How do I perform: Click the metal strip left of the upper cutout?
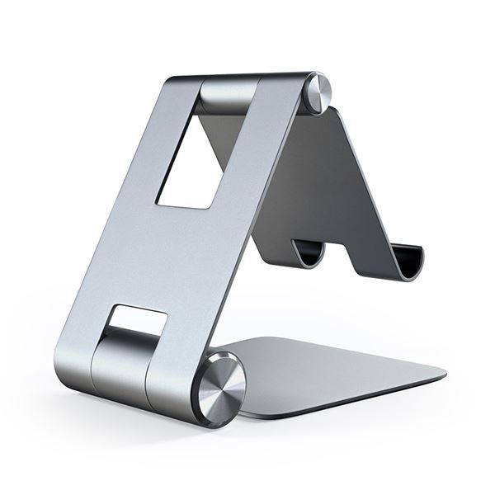pos(148,157)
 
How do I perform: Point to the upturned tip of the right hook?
pos(418,252)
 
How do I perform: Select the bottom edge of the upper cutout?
pos(183,205)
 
